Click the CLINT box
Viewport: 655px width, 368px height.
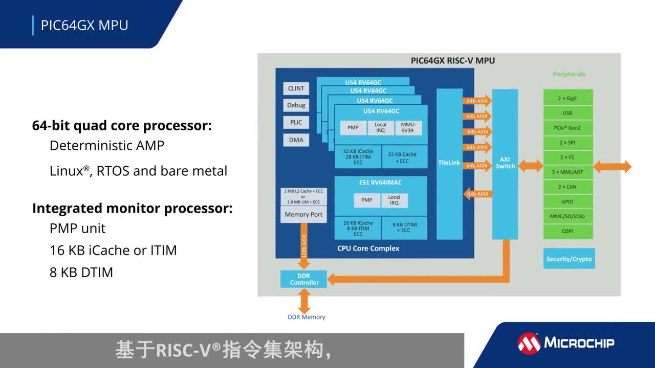(296, 88)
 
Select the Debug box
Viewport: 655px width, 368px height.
(296, 105)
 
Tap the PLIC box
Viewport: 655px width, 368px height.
(296, 123)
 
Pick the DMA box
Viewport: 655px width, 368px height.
(296, 140)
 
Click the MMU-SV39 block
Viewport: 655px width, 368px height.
(408, 128)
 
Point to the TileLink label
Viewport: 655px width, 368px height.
(449, 163)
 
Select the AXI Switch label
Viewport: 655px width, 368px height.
(505, 163)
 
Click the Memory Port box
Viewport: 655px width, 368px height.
(303, 215)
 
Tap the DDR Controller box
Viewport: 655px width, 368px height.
(304, 279)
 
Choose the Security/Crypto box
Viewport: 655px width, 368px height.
(569, 259)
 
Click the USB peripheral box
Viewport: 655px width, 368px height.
(567, 113)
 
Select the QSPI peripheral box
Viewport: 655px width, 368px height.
(567, 231)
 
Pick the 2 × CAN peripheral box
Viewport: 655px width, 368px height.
(567, 187)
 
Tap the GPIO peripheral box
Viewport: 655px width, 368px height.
(567, 202)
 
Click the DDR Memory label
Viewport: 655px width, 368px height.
(306, 317)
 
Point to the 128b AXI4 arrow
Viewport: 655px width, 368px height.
(304, 246)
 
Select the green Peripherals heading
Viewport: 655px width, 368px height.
(569, 75)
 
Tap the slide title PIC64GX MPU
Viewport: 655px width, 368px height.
(84, 25)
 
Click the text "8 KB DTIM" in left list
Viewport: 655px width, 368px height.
(81, 272)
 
